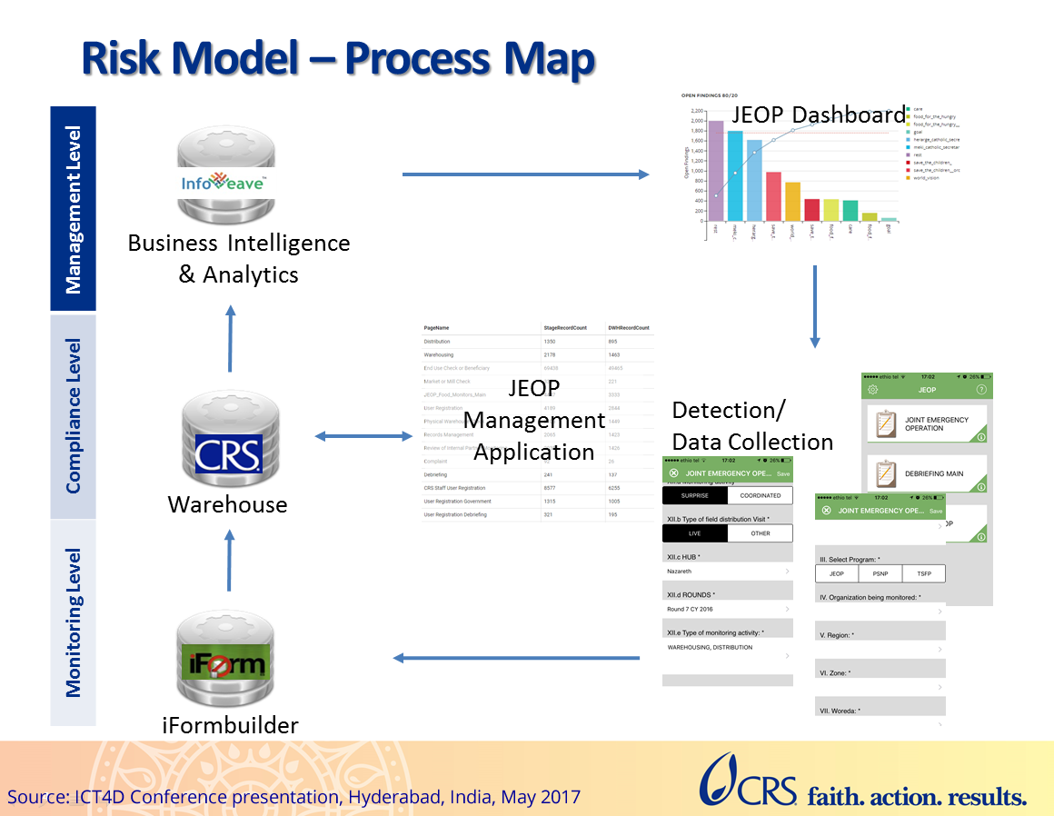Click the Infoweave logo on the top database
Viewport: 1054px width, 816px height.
(224, 183)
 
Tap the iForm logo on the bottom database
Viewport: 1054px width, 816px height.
(224, 663)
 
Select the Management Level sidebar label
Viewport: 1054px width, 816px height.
(73, 210)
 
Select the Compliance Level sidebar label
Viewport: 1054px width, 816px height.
(73, 416)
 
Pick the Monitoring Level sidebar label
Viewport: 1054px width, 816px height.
(73, 622)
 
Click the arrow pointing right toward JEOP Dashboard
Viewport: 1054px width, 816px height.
(526, 174)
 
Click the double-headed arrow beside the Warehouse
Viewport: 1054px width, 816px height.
(363, 437)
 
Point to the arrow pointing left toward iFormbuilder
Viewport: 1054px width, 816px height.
(519, 657)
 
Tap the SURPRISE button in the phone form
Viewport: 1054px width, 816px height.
(694, 495)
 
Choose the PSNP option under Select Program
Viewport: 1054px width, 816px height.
(880, 573)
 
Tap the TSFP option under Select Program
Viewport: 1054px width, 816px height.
(923, 573)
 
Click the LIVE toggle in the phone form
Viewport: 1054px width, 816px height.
(694, 533)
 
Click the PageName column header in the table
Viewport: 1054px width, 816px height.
(437, 326)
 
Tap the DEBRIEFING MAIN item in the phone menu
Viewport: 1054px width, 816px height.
(934, 473)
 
